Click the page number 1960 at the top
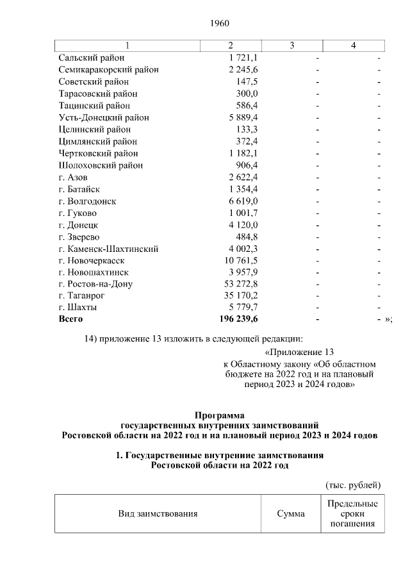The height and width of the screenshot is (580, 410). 219,23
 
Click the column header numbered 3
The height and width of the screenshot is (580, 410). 291,46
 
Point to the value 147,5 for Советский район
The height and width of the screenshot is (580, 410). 247,82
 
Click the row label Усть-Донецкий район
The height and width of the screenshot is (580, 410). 103,118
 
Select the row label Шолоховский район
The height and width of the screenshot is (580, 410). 100,165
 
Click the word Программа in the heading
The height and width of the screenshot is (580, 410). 220,415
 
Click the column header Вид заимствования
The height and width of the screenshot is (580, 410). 157,514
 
